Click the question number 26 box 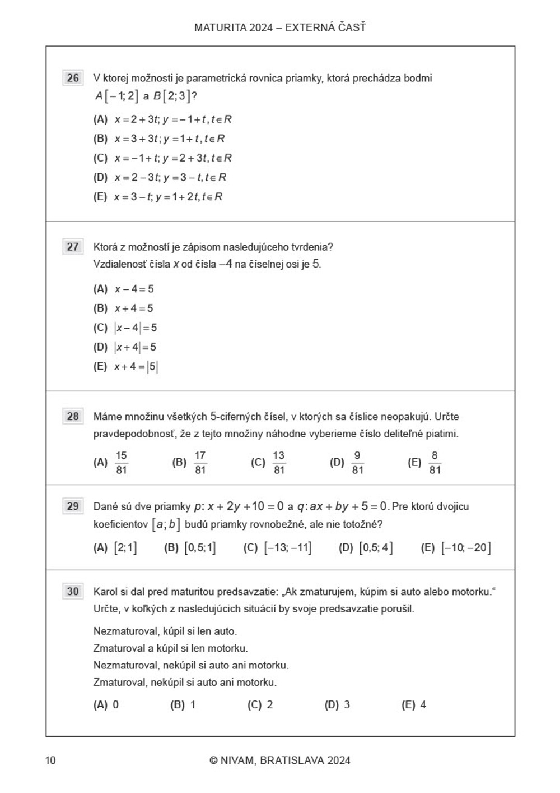pyautogui.click(x=73, y=78)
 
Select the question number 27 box pyautogui.click(x=73, y=247)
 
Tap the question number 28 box pyautogui.click(x=73, y=416)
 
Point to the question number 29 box pyautogui.click(x=73, y=506)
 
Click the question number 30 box pyautogui.click(x=73, y=591)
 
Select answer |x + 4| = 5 pyautogui.click(x=135, y=347)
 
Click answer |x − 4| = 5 pyautogui.click(x=136, y=328)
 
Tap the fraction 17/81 pyautogui.click(x=200, y=463)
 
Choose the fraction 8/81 pyautogui.click(x=435, y=463)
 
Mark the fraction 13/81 pyautogui.click(x=278, y=463)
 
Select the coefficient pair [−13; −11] pyautogui.click(x=287, y=547)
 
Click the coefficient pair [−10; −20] pyautogui.click(x=465, y=547)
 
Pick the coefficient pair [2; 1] pyautogui.click(x=125, y=547)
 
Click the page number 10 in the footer pyautogui.click(x=50, y=760)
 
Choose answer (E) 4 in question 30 pyautogui.click(x=414, y=705)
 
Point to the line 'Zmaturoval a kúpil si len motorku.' pyautogui.click(x=170, y=648)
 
